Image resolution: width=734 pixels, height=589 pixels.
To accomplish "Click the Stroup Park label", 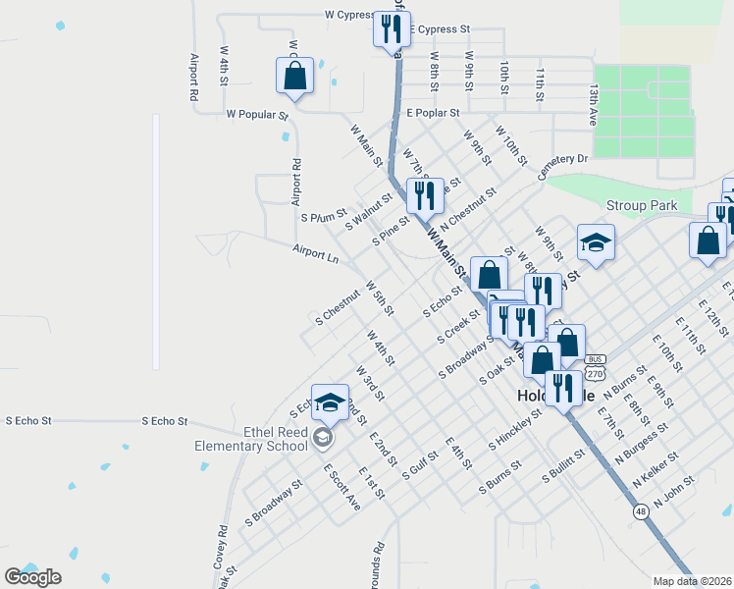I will pos(642,206).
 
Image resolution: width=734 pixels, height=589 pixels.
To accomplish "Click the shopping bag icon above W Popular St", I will pos(294,76).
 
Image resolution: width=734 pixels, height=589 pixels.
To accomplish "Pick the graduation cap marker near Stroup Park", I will pos(595,241).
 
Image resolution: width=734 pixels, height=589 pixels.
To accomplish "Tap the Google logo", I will pos(32,577).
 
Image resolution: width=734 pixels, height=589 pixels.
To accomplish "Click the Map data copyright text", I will pos(692,580).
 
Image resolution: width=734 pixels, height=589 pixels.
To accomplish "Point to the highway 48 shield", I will pos(641,511).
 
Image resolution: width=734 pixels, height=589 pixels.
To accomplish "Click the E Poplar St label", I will pos(433,114).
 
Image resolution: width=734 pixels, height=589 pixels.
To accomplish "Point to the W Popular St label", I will pos(257,115).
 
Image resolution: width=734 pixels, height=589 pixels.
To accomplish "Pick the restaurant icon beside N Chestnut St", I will pos(425,195).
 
